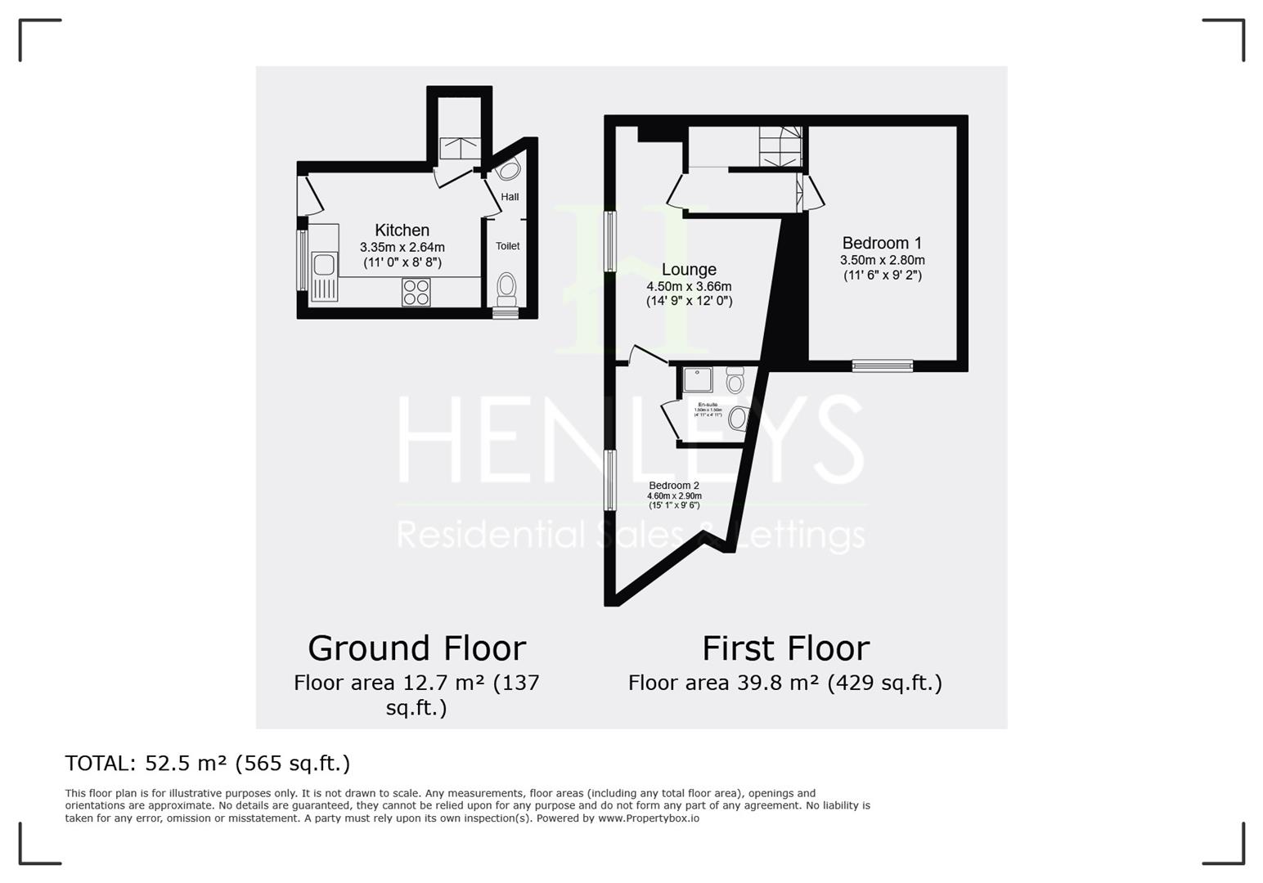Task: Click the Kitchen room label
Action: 402,231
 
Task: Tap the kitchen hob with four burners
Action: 416,293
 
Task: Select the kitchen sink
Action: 324,266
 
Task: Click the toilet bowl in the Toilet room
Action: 507,287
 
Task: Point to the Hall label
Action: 510,197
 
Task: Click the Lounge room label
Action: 689,270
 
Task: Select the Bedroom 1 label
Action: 882,243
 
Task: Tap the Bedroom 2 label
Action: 674,486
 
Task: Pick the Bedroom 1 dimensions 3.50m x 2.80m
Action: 882,260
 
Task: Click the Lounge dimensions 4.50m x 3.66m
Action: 689,287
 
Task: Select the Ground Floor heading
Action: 416,648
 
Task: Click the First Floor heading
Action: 785,648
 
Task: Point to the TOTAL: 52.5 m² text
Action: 208,763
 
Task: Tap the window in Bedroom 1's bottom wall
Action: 882,365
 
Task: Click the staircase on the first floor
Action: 780,146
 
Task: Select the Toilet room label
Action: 507,246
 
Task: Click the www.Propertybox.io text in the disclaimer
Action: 649,818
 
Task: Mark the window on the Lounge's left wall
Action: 610,241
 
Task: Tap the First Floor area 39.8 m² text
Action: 785,683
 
